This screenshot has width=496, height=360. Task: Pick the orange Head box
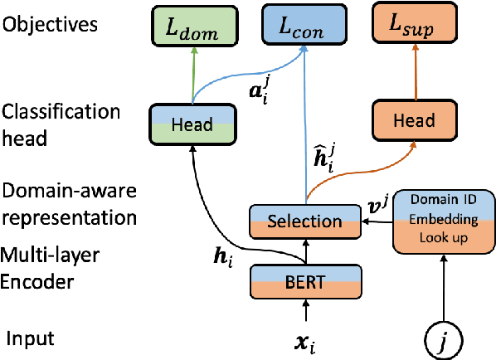pos(414,120)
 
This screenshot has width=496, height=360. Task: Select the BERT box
pos(306,282)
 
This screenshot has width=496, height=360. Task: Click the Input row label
pos(32,338)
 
